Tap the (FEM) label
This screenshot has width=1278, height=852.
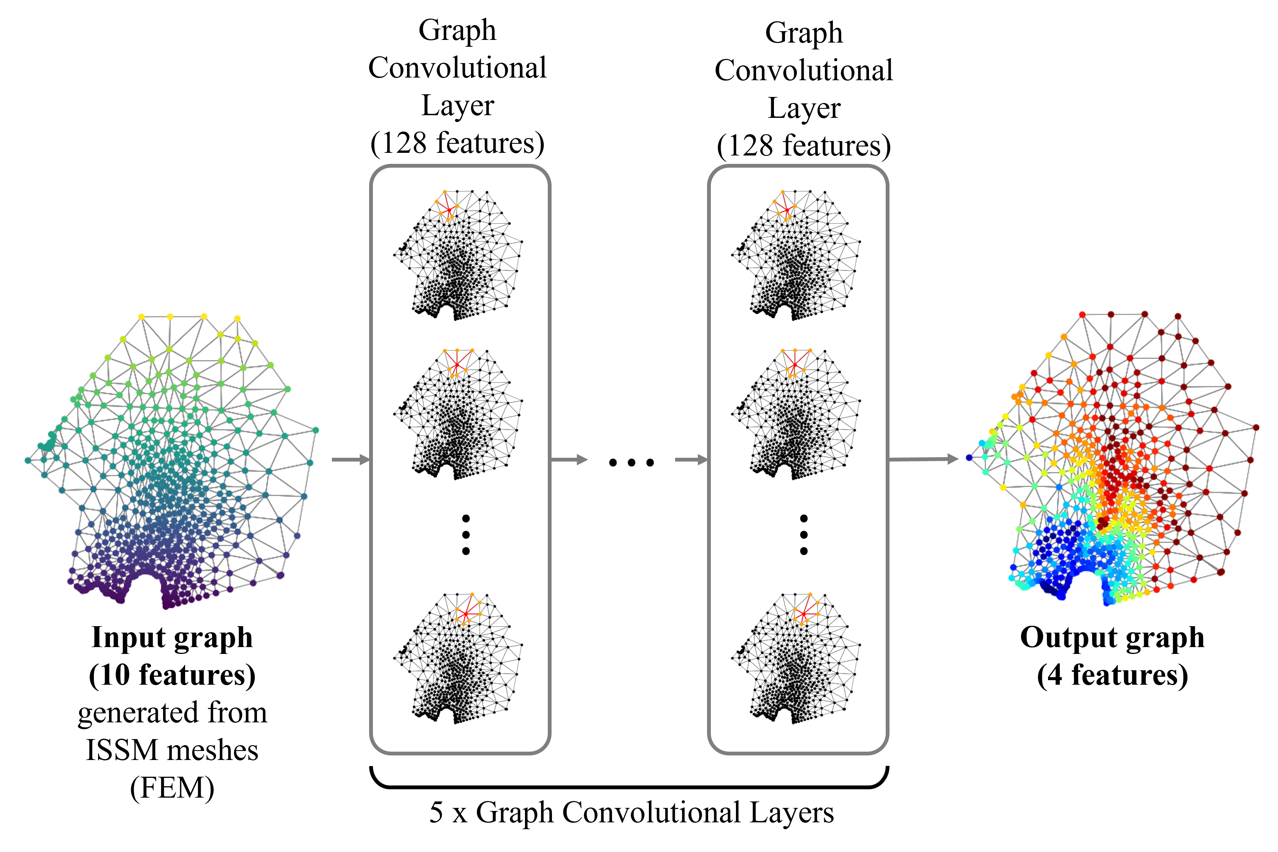(x=172, y=788)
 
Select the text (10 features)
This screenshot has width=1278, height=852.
(x=172, y=676)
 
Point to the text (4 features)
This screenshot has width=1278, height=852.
(x=1112, y=676)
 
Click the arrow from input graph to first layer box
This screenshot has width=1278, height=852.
(x=350, y=460)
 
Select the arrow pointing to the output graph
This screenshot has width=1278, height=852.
(x=923, y=459)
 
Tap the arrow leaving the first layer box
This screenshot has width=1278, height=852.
(x=569, y=460)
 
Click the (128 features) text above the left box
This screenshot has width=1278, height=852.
(x=457, y=143)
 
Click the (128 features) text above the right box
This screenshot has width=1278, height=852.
(x=804, y=146)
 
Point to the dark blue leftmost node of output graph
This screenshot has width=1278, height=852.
(x=969, y=457)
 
